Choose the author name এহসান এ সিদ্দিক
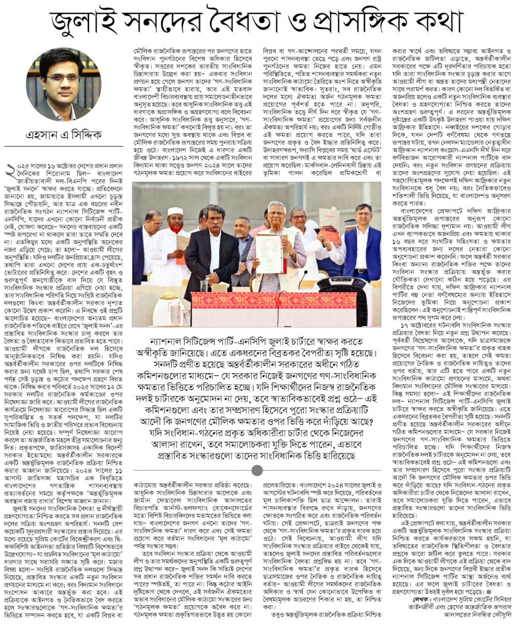click(x=63, y=135)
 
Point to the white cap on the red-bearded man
click(x=175, y=212)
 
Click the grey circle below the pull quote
click(x=257, y=470)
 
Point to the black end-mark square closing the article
click(x=489, y=592)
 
